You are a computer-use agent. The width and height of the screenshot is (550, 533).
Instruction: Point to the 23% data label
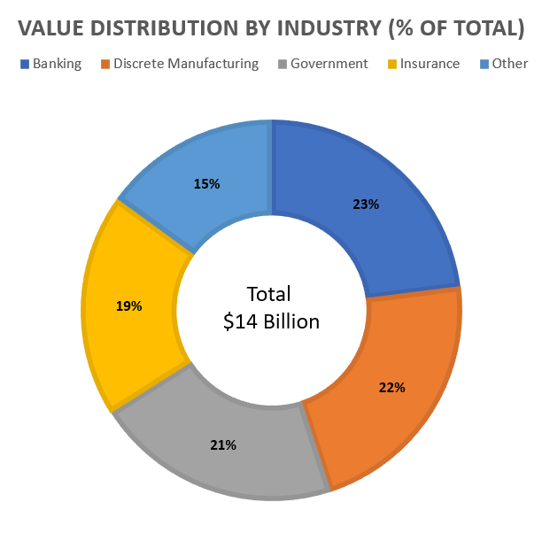coord(366,204)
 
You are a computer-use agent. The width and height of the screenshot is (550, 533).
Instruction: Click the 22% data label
coord(391,387)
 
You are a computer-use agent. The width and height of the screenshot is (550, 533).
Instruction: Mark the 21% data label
coord(223,444)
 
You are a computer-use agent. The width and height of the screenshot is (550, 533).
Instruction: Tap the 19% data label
coord(128,305)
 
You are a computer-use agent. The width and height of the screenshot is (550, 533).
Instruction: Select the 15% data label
coord(206,184)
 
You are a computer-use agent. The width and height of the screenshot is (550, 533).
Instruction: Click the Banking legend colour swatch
coord(24,64)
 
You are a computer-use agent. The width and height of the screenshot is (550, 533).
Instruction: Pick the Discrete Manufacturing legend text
coord(186,64)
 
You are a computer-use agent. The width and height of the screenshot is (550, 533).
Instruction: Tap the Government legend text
coord(329,64)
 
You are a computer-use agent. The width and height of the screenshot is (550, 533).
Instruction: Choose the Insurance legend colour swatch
coord(391,64)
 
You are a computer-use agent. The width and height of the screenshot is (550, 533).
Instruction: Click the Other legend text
coord(511,64)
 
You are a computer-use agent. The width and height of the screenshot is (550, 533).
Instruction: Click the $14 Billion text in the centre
coord(271,321)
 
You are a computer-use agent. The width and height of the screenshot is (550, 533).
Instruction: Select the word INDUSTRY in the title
coord(331,28)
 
